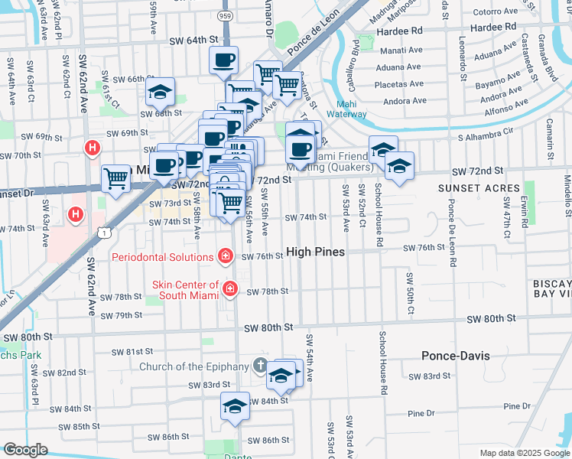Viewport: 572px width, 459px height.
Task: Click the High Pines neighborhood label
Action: pos(315,252)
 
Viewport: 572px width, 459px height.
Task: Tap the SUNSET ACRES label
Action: pos(479,187)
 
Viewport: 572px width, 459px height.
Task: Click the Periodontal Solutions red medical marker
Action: pos(226,256)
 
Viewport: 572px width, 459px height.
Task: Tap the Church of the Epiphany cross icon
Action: pos(261,366)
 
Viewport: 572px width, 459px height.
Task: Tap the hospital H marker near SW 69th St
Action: pos(93,148)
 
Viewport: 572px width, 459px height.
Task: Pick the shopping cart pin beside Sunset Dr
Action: pos(115,179)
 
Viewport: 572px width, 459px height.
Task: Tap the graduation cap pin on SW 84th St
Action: pos(235,405)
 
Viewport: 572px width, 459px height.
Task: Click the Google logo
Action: pos(25,451)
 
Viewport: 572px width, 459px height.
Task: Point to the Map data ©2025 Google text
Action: pos(524,453)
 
